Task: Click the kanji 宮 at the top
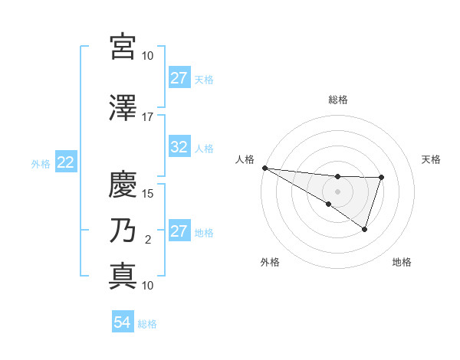(x=123, y=47)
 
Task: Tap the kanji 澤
(x=123, y=109)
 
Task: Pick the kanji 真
(x=123, y=274)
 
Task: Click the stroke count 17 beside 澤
(x=147, y=117)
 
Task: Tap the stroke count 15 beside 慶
(x=147, y=193)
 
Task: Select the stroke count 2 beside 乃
(x=148, y=240)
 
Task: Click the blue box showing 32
(x=179, y=148)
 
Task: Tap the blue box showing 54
(x=123, y=323)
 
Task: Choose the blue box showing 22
(x=65, y=162)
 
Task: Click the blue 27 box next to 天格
(x=179, y=78)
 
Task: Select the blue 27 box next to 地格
(x=179, y=232)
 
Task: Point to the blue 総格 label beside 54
(x=147, y=324)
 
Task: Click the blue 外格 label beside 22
(x=41, y=163)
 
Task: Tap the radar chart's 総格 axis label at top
(x=338, y=100)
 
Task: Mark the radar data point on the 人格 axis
(x=264, y=168)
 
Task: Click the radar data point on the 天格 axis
(x=381, y=178)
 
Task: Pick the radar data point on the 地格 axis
(x=365, y=229)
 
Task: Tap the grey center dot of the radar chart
(x=338, y=191)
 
